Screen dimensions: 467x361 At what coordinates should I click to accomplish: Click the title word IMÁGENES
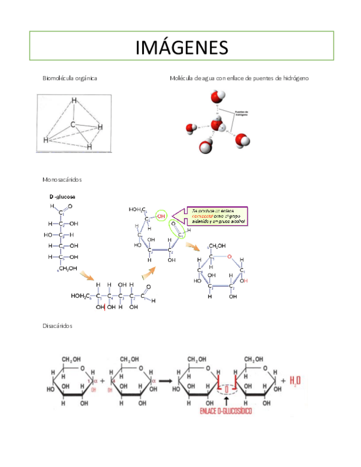181,47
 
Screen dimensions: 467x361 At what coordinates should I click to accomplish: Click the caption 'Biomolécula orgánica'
70,78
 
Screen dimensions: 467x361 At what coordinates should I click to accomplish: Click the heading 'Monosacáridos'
62,180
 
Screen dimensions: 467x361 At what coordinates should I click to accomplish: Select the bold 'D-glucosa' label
62,197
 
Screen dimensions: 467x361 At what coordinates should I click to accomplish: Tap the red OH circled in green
160,216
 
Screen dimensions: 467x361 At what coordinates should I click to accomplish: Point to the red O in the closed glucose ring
229,257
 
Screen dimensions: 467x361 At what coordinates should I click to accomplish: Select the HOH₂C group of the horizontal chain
80,296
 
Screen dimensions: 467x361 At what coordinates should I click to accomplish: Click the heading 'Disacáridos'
57,325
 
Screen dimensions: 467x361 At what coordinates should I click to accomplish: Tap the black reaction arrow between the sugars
167,381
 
